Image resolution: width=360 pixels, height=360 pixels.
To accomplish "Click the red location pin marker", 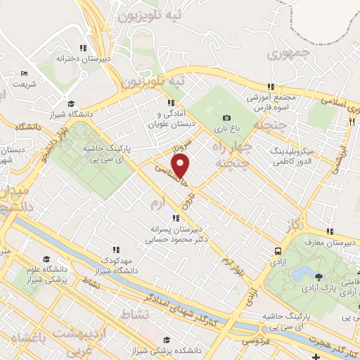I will pos(181,166).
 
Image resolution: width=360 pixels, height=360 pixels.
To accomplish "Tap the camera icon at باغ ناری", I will pos(226,118).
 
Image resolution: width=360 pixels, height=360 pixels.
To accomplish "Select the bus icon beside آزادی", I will pos(279,250).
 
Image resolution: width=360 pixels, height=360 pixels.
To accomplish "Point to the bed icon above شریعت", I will pos(25,73).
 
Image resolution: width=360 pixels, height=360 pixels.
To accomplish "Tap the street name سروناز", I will pos(184,148).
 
